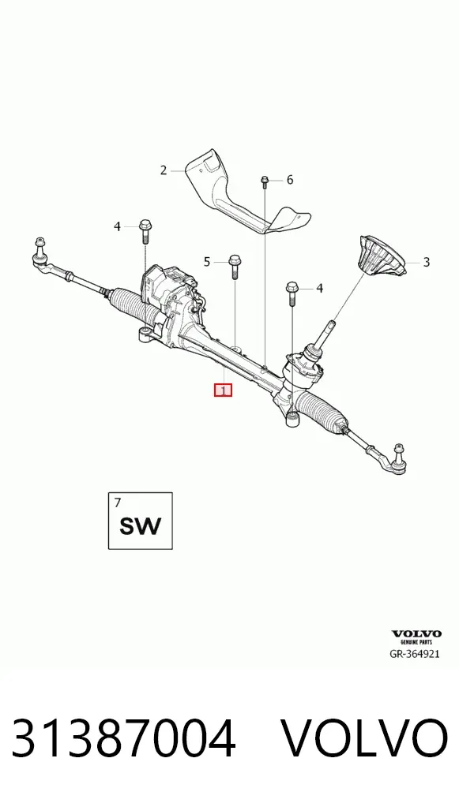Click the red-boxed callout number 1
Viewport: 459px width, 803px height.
pos(223,390)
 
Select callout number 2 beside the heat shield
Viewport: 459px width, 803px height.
pos(164,170)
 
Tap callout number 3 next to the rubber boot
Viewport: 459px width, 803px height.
pos(426,263)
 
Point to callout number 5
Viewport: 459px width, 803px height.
pos(207,262)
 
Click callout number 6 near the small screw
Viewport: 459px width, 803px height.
pos(290,180)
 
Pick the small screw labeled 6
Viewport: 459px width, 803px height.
pos(265,181)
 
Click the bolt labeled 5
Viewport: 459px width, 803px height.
pos(235,266)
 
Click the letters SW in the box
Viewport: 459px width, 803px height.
pos(140,526)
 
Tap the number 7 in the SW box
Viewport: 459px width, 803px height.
pos(118,503)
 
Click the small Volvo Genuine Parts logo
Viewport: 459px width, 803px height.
pos(416,637)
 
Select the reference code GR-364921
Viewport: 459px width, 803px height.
pos(415,654)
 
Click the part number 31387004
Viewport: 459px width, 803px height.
pos(123,738)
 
